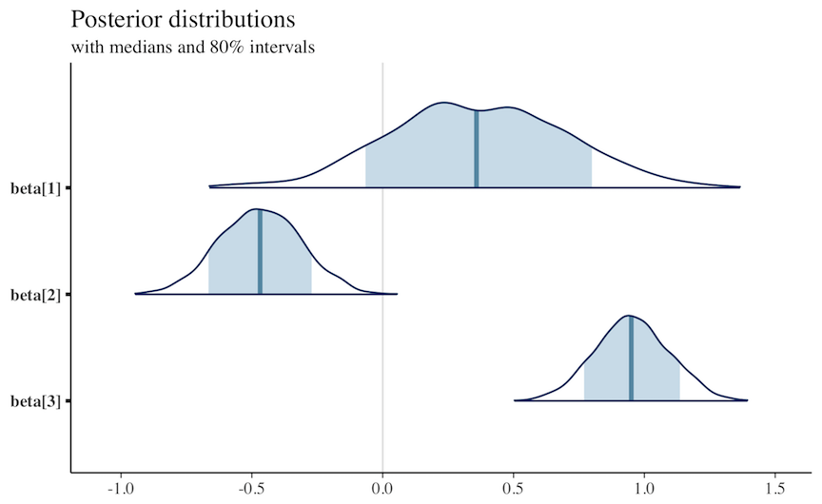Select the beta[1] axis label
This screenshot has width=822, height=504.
coord(35,188)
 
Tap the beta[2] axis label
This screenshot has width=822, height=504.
coord(35,295)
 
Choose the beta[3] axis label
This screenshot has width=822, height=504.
coord(35,401)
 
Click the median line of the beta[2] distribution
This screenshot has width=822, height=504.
coord(260,253)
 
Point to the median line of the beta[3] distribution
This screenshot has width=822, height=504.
coord(631,359)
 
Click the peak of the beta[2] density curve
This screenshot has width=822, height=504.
coord(255,209)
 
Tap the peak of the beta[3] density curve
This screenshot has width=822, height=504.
coord(628,316)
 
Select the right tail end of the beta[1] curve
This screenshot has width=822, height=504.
coord(738,187)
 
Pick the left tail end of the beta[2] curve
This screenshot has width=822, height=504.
coord(137,294)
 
